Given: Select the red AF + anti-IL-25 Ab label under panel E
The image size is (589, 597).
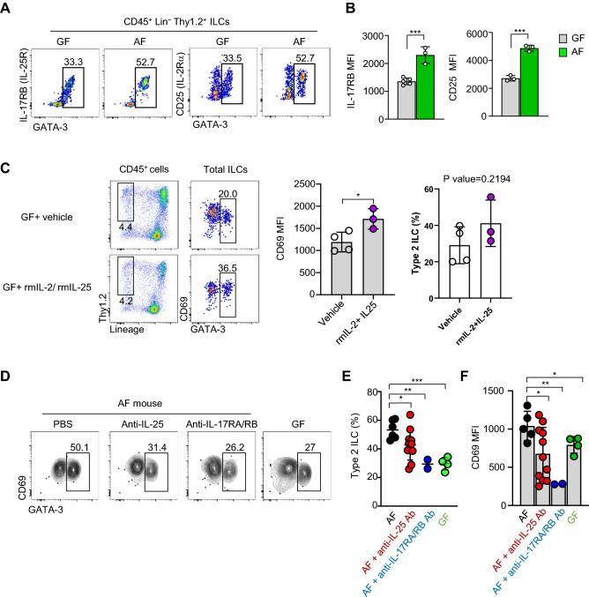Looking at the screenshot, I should pos(385,530).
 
